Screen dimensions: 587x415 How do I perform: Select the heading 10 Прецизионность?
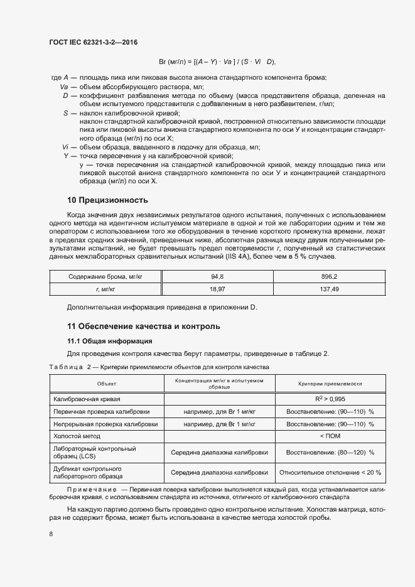tap(107, 200)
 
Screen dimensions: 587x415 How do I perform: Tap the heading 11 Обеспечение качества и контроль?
tap(143, 326)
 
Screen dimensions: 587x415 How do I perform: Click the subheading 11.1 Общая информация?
tap(109, 341)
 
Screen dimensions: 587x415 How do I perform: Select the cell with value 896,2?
tap(329, 276)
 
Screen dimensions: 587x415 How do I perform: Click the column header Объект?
tap(107, 384)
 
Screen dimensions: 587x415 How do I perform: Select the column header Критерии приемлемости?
tap(330, 384)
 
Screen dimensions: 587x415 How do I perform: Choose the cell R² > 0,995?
tap(330, 399)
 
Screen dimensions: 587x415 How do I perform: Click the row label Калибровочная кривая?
tap(87, 399)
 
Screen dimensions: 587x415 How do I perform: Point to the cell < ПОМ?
tap(330, 435)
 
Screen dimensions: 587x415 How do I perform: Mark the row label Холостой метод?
tap(77, 435)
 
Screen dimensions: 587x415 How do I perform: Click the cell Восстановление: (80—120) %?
tap(330, 452)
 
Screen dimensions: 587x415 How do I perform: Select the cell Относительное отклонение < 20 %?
tap(330, 473)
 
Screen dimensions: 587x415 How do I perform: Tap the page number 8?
tap(51, 534)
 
